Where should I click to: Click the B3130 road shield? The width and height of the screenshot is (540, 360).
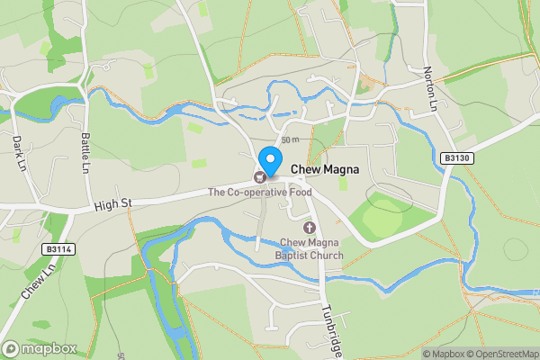[x=457, y=157]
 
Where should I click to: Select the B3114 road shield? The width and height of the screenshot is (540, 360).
[x=57, y=248]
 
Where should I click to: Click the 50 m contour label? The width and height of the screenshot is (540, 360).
[x=289, y=140]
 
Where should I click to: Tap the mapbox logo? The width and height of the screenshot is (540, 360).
[x=40, y=348]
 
